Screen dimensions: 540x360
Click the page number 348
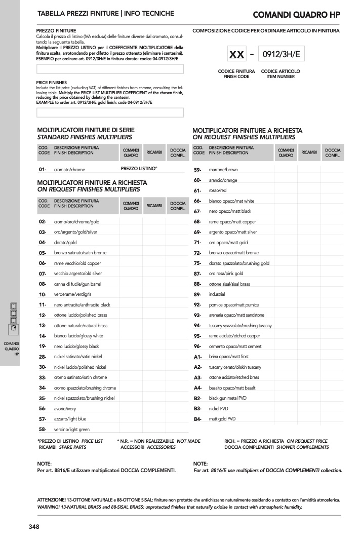coord(34,526)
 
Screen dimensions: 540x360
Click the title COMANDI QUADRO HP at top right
coord(296,14)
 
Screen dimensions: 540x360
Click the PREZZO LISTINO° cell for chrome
coord(139,168)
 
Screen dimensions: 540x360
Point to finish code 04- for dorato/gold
coord(43,243)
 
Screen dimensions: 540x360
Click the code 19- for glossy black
coord(43,346)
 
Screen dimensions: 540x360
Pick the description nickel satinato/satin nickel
coord(78,357)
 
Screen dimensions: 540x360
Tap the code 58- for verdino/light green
coord(43,430)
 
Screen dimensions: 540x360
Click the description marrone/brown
coord(223,170)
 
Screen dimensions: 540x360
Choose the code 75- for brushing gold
coord(197,263)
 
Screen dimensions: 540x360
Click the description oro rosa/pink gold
coord(226,274)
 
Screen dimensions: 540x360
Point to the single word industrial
coord(217,294)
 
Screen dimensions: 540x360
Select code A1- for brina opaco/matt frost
coord(197,357)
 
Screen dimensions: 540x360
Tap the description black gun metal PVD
coord(228,398)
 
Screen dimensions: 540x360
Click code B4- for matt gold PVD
coord(197,419)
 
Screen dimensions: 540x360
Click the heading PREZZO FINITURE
coord(56,31)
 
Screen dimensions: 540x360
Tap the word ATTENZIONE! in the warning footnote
coord(50,500)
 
